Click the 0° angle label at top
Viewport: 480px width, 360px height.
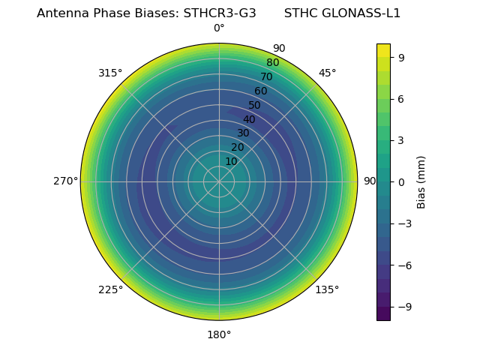[x=219, y=28]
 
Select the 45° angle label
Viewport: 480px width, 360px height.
[x=327, y=73]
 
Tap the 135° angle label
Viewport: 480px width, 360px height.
[x=327, y=289]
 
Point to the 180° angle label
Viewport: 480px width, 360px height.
[x=219, y=334]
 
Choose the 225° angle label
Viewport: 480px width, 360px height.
[x=110, y=289]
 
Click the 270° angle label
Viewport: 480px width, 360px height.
[x=65, y=181]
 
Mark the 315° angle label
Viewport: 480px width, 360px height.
[x=110, y=73]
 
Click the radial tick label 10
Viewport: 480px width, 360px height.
[x=231, y=161]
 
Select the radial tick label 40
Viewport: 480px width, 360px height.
[x=249, y=119]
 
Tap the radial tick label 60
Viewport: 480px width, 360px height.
[x=260, y=91]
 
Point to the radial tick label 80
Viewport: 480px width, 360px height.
[x=272, y=63]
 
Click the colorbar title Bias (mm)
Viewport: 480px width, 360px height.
[x=421, y=181]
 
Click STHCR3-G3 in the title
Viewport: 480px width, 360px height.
[x=220, y=13]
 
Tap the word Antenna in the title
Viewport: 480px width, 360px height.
[x=60, y=13]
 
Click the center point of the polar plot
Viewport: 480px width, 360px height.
[x=219, y=181]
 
